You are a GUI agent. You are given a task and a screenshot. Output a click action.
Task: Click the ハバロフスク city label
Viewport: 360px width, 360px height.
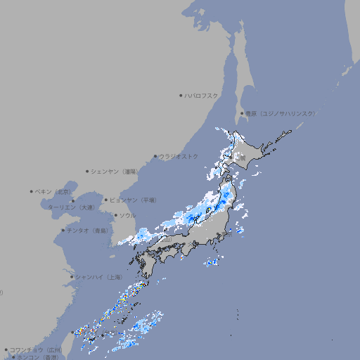click(202, 95)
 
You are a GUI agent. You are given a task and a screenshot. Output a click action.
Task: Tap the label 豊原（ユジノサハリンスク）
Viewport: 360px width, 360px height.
click(280, 113)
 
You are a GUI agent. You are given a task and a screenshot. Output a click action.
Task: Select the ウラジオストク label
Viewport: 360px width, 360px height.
click(179, 156)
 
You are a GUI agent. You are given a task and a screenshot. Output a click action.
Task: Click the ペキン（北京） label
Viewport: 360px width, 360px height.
click(54, 191)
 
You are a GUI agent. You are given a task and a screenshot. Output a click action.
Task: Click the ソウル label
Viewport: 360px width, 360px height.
click(127, 215)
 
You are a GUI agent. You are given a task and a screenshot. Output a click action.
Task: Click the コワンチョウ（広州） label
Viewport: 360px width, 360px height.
click(36, 349)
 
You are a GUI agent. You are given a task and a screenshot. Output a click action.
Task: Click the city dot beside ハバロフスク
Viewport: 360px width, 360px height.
click(181, 95)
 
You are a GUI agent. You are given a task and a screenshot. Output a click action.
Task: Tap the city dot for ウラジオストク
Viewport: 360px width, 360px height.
click(155, 156)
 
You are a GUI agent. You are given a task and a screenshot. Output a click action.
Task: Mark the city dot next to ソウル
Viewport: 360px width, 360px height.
click(115, 215)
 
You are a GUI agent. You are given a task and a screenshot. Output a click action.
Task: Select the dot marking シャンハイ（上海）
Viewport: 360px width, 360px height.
click(72, 276)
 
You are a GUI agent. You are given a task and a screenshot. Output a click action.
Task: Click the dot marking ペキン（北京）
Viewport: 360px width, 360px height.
click(31, 191)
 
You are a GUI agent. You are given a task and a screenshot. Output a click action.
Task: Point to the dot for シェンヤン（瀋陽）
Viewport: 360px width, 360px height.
click(87, 171)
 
